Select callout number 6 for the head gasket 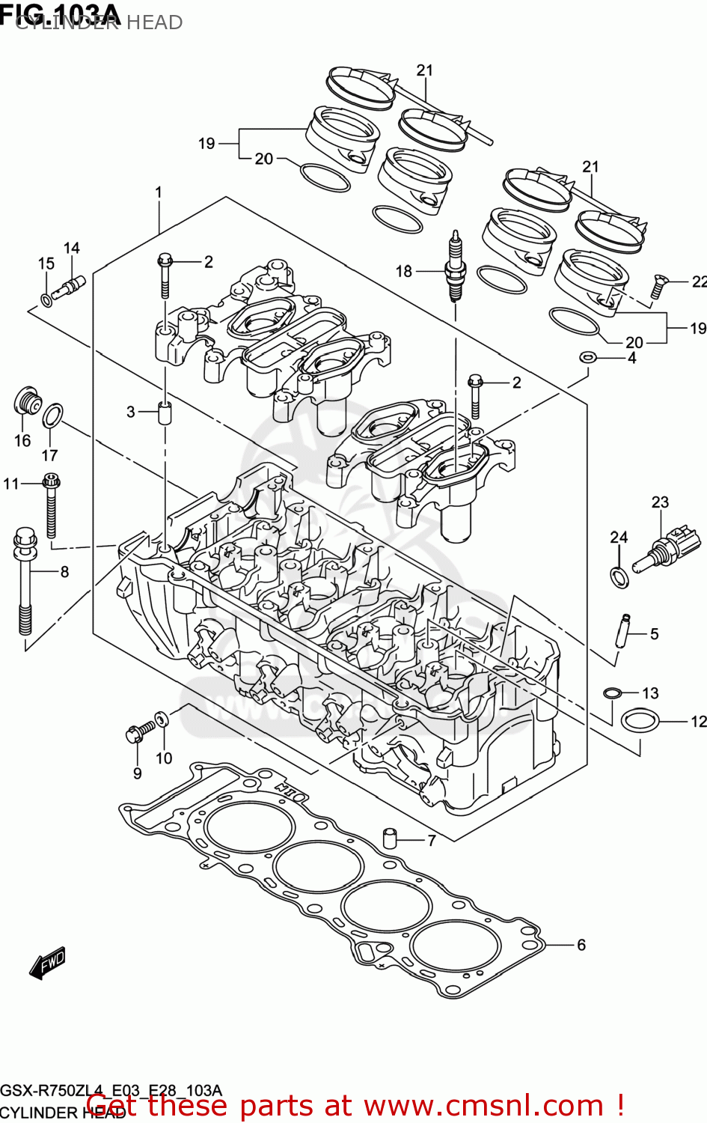pyautogui.click(x=581, y=945)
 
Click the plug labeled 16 pyautogui.click(x=27, y=402)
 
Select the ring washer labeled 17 pyautogui.click(x=52, y=415)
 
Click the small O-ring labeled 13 pyautogui.click(x=612, y=692)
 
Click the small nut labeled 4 pyautogui.click(x=589, y=356)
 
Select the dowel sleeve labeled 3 pyautogui.click(x=164, y=412)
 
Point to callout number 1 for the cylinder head pyautogui.click(x=159, y=192)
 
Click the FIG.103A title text pyautogui.click(x=60, y=15)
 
